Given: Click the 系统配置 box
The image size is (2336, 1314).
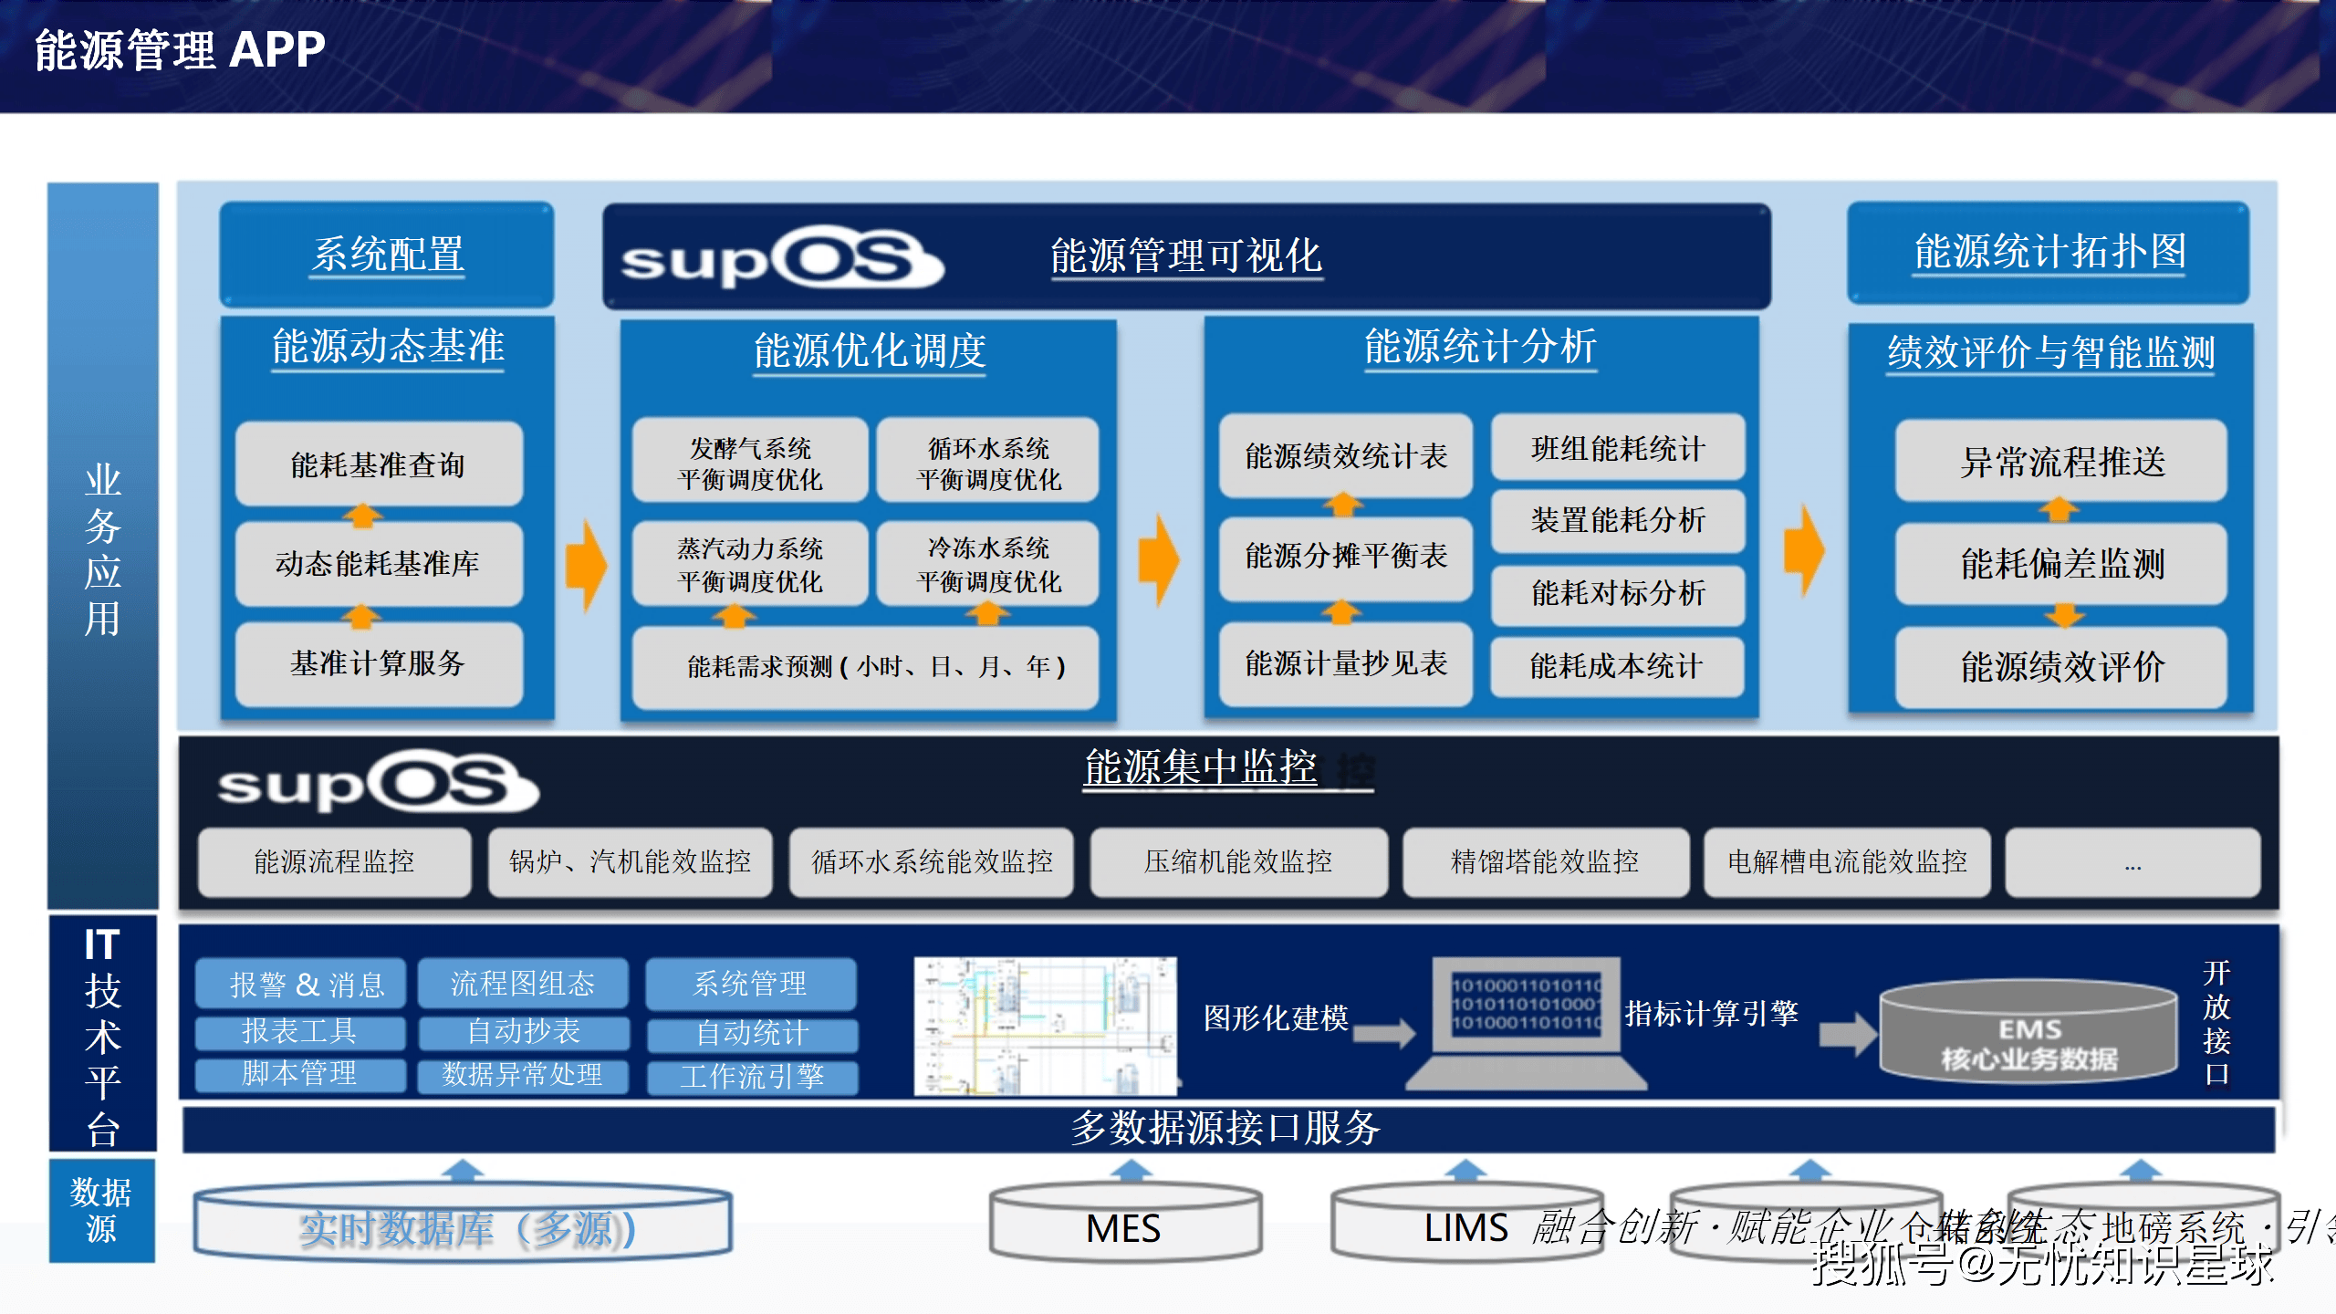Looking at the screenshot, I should point(387,254).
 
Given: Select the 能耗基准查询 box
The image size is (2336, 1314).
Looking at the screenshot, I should point(379,464).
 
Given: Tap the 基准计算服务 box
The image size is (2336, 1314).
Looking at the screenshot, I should point(379,663).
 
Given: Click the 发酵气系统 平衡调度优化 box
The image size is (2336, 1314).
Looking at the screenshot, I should point(750,463).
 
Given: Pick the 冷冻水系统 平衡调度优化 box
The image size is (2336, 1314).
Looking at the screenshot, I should point(988,564).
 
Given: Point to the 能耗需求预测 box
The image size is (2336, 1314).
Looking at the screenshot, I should point(865,667).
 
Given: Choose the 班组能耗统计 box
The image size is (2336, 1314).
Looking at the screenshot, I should point(1618,448).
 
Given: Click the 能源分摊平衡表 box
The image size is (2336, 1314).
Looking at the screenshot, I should point(1346,556).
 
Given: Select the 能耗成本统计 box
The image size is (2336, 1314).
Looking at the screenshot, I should point(1617,666).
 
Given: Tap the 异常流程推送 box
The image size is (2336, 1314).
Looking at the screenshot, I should point(2061,462).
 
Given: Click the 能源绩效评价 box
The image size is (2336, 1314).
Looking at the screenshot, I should point(2061,667).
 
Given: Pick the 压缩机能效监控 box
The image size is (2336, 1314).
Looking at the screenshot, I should point(1238,862).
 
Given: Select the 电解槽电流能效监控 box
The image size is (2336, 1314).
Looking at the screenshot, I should point(1847,862).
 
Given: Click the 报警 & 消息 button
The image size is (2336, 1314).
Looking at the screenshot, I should point(300,984).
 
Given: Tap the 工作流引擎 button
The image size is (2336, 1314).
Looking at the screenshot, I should point(752,1077).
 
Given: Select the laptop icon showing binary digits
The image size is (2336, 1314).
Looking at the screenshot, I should point(1527,1022).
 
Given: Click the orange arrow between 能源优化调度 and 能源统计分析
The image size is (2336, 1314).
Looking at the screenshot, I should point(1159,558).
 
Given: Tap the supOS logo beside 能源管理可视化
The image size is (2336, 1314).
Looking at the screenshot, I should point(781,258).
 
